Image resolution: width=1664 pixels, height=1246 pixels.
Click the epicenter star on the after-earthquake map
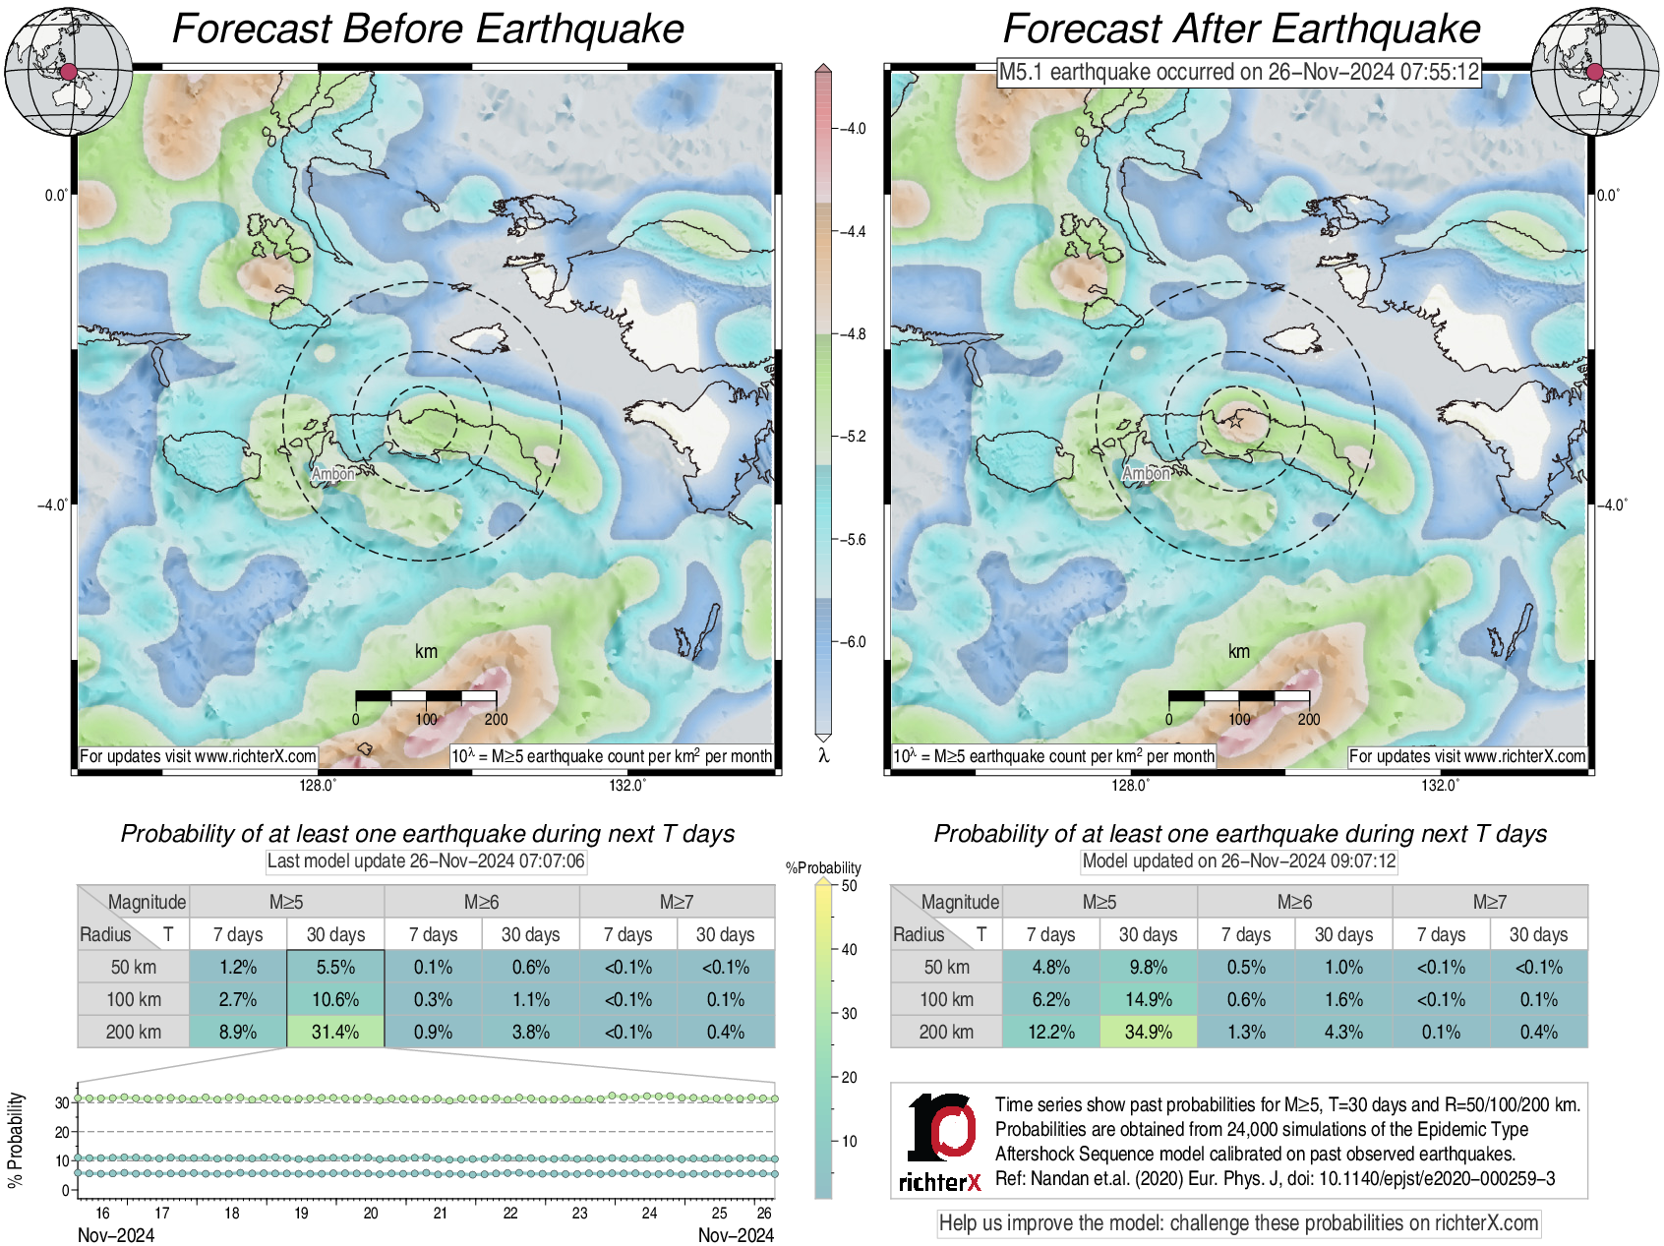coord(1235,421)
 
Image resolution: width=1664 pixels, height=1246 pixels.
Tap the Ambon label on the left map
coord(332,474)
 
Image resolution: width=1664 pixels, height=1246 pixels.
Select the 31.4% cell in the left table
coord(335,1032)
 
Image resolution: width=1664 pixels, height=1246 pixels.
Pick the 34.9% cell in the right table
coord(1148,1032)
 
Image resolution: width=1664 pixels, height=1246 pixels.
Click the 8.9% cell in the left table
coord(238,1032)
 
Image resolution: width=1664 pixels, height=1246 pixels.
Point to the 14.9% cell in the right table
coord(1148,999)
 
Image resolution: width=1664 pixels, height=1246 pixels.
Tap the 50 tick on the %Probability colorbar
coord(849,885)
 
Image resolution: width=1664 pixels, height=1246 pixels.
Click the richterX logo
coord(940,1141)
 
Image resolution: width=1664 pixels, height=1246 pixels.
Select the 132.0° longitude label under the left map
coord(627,785)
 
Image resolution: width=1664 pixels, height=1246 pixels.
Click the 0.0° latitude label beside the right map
coord(1608,195)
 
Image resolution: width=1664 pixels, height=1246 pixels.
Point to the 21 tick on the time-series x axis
coord(441,1213)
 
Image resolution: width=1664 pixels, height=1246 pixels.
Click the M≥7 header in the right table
coord(1489,902)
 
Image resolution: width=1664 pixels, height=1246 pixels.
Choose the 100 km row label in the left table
coord(134,999)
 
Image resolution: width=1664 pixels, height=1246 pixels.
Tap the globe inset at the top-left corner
coord(68,71)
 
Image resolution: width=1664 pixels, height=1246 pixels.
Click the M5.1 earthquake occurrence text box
coord(1239,72)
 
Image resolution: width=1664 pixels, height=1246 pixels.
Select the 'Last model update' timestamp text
coord(426,861)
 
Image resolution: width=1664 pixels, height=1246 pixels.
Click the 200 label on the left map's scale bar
coord(496,719)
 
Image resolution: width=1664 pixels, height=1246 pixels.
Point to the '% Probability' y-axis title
coord(16,1141)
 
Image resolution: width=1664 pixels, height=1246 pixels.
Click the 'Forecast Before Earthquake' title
coord(428,29)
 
